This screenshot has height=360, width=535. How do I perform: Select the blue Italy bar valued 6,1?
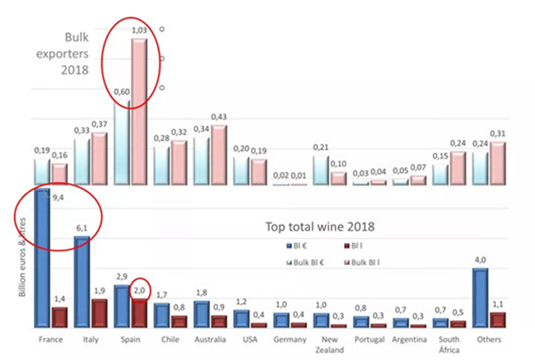pyautogui.click(x=82, y=282)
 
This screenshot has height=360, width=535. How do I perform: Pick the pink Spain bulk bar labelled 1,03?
pyautogui.click(x=139, y=111)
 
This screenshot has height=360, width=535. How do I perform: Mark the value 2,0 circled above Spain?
pyautogui.click(x=139, y=289)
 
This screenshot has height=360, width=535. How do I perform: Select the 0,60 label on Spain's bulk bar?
pyautogui.click(x=121, y=92)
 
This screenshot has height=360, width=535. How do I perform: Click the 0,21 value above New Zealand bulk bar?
pyautogui.click(x=320, y=147)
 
